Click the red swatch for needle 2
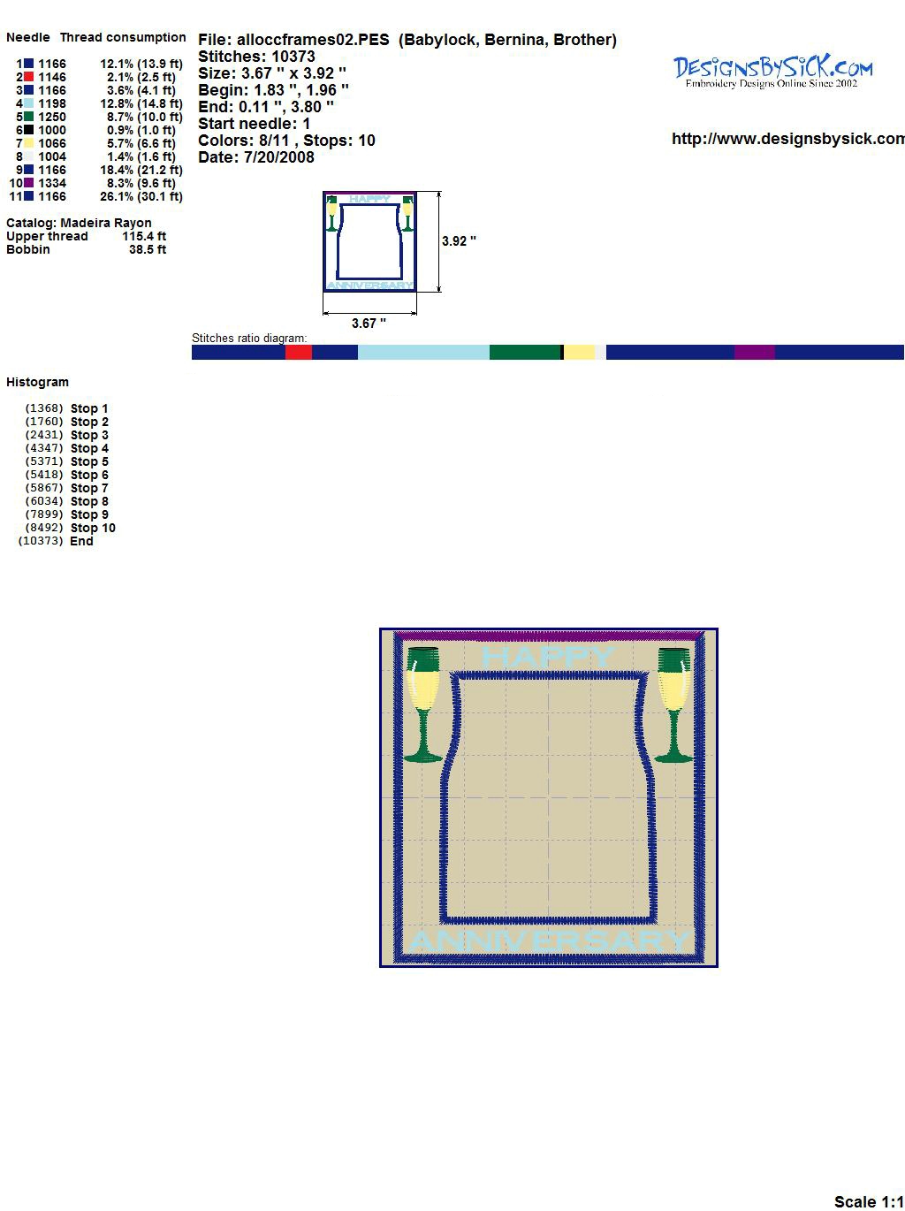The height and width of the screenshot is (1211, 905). pos(28,77)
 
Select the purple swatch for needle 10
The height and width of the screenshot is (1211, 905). pos(28,183)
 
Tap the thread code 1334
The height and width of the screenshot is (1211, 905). pos(52,183)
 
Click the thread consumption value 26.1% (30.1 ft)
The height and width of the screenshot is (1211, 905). pos(141,196)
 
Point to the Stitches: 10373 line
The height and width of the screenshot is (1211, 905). pos(256,57)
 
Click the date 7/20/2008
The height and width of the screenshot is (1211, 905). pos(279,157)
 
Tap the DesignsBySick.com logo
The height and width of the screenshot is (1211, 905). pos(772,72)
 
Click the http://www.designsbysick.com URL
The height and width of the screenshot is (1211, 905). pos(788,139)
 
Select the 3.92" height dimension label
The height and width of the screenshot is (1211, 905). pos(459,241)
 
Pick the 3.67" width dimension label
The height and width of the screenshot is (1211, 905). pos(369,324)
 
